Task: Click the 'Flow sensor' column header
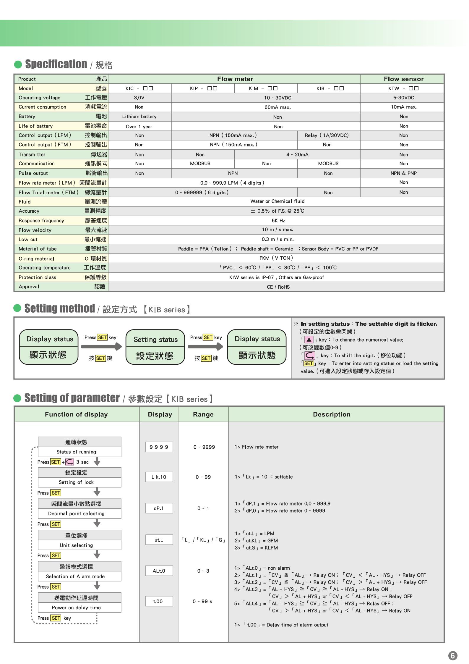pyautogui.click(x=403, y=79)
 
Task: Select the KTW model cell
pyautogui.click(x=403, y=88)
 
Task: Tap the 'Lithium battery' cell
pyautogui.click(x=139, y=117)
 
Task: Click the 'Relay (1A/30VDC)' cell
pyautogui.click(x=327, y=135)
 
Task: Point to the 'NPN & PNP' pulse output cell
pyautogui.click(x=403, y=173)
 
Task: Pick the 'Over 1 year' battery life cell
pyautogui.click(x=139, y=127)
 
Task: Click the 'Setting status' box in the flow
pyautogui.click(x=155, y=347)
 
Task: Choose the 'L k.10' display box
pyautogui.click(x=159, y=477)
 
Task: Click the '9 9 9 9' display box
pyautogui.click(x=159, y=447)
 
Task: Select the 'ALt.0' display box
pyautogui.click(x=159, y=571)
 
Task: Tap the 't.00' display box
pyautogui.click(x=159, y=601)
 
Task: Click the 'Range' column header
pyautogui.click(x=203, y=414)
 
